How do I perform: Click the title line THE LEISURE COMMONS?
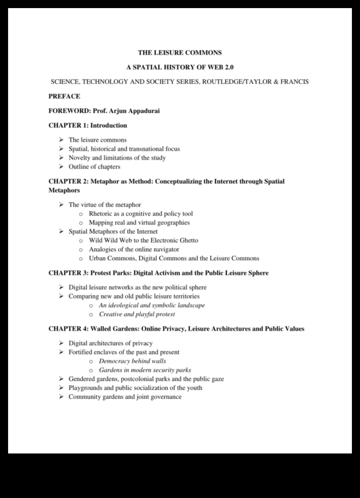pos(180,53)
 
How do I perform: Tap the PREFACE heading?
pos(64,96)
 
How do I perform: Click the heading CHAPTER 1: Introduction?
pos(88,126)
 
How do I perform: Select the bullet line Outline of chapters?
pos(94,167)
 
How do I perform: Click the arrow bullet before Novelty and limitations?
pos(61,158)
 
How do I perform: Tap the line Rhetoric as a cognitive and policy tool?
pos(141,214)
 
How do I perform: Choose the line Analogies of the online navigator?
pos(134,249)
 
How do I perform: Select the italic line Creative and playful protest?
pos(137,314)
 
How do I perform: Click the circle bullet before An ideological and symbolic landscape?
pos(91,306)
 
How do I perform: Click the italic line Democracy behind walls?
pos(132,361)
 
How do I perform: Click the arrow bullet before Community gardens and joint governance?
pos(61,397)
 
